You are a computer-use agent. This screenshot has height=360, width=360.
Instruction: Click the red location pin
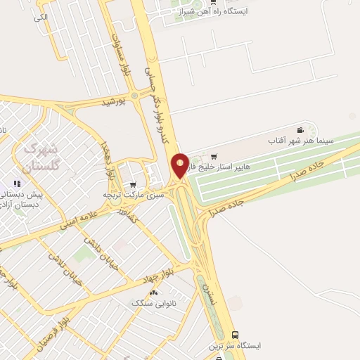[180, 165]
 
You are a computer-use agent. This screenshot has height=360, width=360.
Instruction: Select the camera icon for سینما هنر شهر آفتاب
[301, 130]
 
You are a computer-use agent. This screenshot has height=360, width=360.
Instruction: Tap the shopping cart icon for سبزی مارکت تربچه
[133, 185]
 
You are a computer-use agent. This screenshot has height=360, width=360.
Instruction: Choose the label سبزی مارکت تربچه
[133, 195]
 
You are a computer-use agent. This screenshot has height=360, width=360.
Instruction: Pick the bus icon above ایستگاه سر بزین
[235, 335]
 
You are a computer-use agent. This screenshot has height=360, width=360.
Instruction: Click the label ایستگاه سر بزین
[234, 346]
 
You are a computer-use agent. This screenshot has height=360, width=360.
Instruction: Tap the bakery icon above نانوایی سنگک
[153, 292]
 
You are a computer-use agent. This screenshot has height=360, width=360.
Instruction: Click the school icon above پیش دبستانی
[18, 184]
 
